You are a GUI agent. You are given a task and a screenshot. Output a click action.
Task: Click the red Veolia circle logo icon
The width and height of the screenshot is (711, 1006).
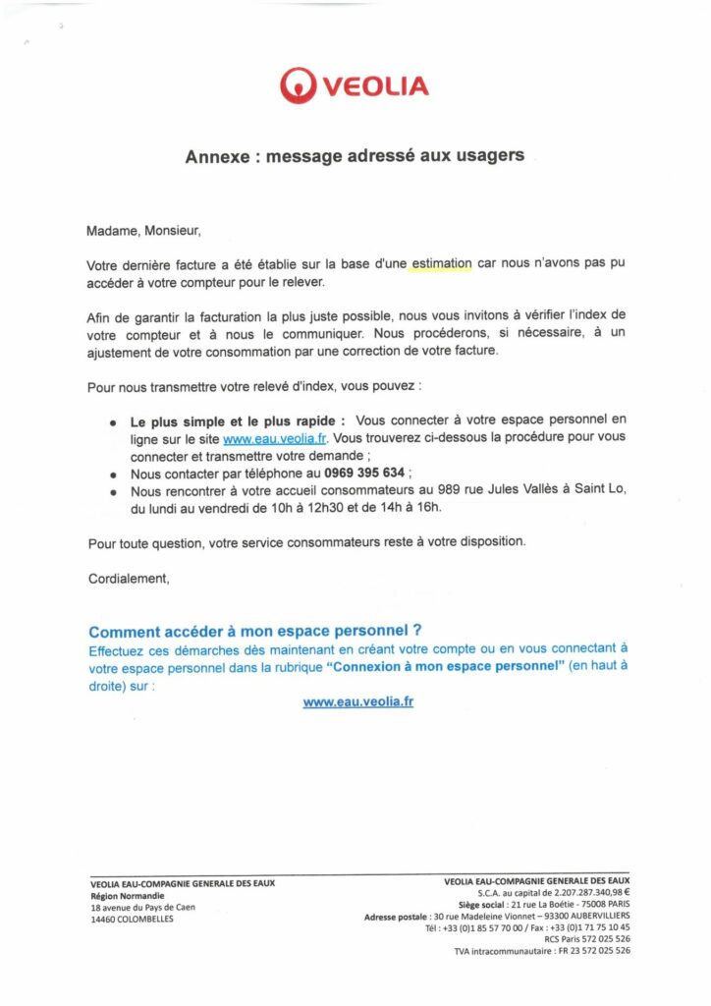[x=298, y=84]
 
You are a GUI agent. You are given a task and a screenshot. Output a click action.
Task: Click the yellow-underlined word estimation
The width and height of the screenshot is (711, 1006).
[x=441, y=264]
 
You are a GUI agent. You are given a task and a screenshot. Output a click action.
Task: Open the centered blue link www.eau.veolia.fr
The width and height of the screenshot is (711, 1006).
[x=357, y=702]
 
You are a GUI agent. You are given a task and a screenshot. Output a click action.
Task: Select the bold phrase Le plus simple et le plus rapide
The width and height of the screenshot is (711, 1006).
[x=237, y=421]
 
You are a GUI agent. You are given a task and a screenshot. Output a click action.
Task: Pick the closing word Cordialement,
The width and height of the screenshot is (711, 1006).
[x=129, y=579]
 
